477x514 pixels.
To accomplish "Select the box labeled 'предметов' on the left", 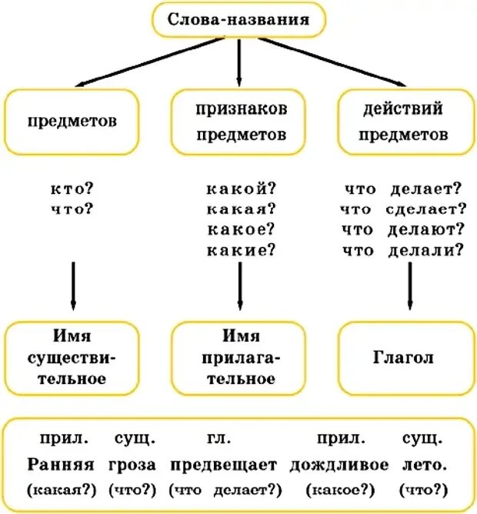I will tap(72, 122).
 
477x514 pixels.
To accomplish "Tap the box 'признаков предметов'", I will tap(241, 122).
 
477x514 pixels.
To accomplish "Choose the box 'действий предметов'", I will tap(406, 122).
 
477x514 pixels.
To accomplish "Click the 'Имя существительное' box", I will tap(72, 358).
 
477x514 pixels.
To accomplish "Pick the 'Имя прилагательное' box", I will tap(241, 358).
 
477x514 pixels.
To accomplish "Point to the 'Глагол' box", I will tap(406, 358).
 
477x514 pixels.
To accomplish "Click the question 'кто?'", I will tap(72, 189).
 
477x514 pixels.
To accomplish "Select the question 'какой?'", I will tap(242, 189).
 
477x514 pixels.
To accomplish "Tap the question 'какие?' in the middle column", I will tap(242, 249).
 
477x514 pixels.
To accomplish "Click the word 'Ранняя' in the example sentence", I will tap(60, 465).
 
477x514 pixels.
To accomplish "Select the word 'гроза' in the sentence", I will tap(132, 465).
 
